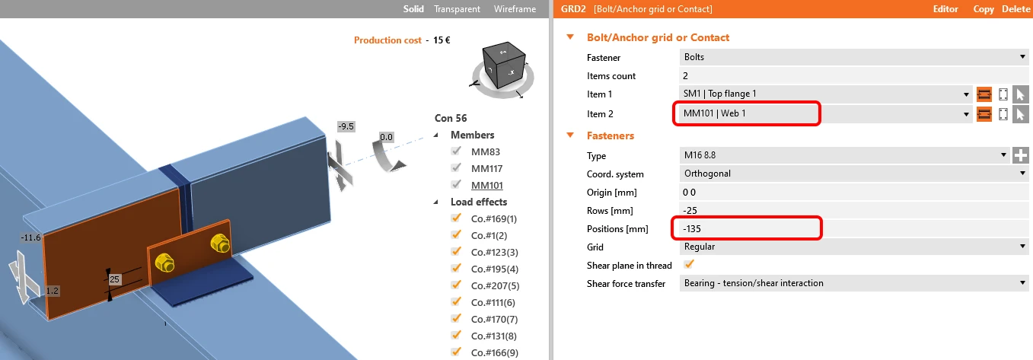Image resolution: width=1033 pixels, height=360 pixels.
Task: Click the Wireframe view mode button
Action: (515, 9)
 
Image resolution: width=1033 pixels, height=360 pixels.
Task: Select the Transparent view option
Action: (457, 9)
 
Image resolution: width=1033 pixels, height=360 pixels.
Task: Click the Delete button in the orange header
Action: (1016, 9)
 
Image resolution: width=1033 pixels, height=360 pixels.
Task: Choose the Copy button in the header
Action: (984, 9)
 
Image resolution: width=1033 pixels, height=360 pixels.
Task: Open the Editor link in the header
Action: (945, 9)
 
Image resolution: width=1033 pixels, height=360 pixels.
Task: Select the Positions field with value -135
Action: (853, 228)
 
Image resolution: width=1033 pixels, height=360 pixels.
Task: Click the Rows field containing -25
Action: (853, 211)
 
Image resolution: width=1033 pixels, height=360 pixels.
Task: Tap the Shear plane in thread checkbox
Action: (689, 265)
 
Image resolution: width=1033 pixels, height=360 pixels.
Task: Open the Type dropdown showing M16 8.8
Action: (844, 155)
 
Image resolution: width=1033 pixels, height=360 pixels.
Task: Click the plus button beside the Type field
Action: (1021, 155)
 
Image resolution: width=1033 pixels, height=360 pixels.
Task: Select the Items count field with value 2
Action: (853, 75)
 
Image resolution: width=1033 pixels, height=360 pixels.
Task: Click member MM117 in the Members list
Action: (486, 169)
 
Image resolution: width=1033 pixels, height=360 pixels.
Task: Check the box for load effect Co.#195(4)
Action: (456, 268)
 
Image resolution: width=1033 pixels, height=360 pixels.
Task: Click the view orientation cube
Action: (504, 65)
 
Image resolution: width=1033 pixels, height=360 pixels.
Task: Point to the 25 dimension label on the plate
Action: (114, 279)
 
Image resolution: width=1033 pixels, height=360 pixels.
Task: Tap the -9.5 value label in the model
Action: (346, 126)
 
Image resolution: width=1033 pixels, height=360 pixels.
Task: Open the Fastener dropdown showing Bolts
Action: (854, 57)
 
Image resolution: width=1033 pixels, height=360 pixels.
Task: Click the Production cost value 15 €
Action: (442, 40)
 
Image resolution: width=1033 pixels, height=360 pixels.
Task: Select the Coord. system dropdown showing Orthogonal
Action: (854, 174)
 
